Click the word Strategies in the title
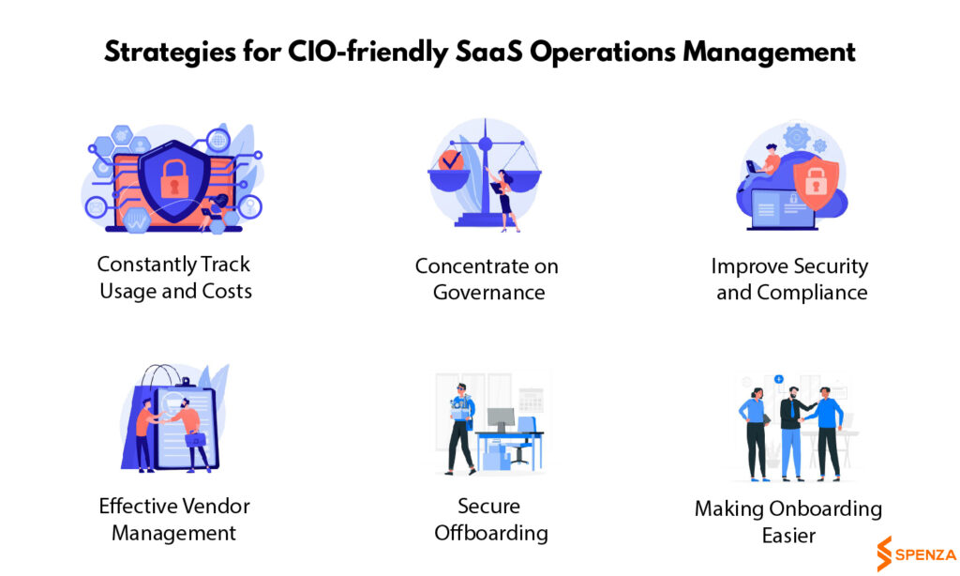pyautogui.click(x=170, y=53)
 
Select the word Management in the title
pyautogui.click(x=769, y=53)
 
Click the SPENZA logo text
pyautogui.click(x=925, y=555)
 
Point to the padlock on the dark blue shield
pyautogui.click(x=173, y=179)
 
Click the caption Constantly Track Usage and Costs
pyautogui.click(x=175, y=278)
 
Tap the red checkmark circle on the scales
pyautogui.click(x=451, y=160)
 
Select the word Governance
pyautogui.click(x=488, y=293)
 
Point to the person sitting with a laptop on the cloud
pyautogui.click(x=765, y=161)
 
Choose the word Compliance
pyautogui.click(x=812, y=294)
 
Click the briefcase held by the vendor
pyautogui.click(x=195, y=439)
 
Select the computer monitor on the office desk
pyautogui.click(x=501, y=419)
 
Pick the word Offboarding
pyautogui.click(x=491, y=533)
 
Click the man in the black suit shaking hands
pyautogui.click(x=793, y=432)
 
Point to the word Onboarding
pyautogui.click(x=825, y=509)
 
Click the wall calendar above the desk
pyautogui.click(x=531, y=401)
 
